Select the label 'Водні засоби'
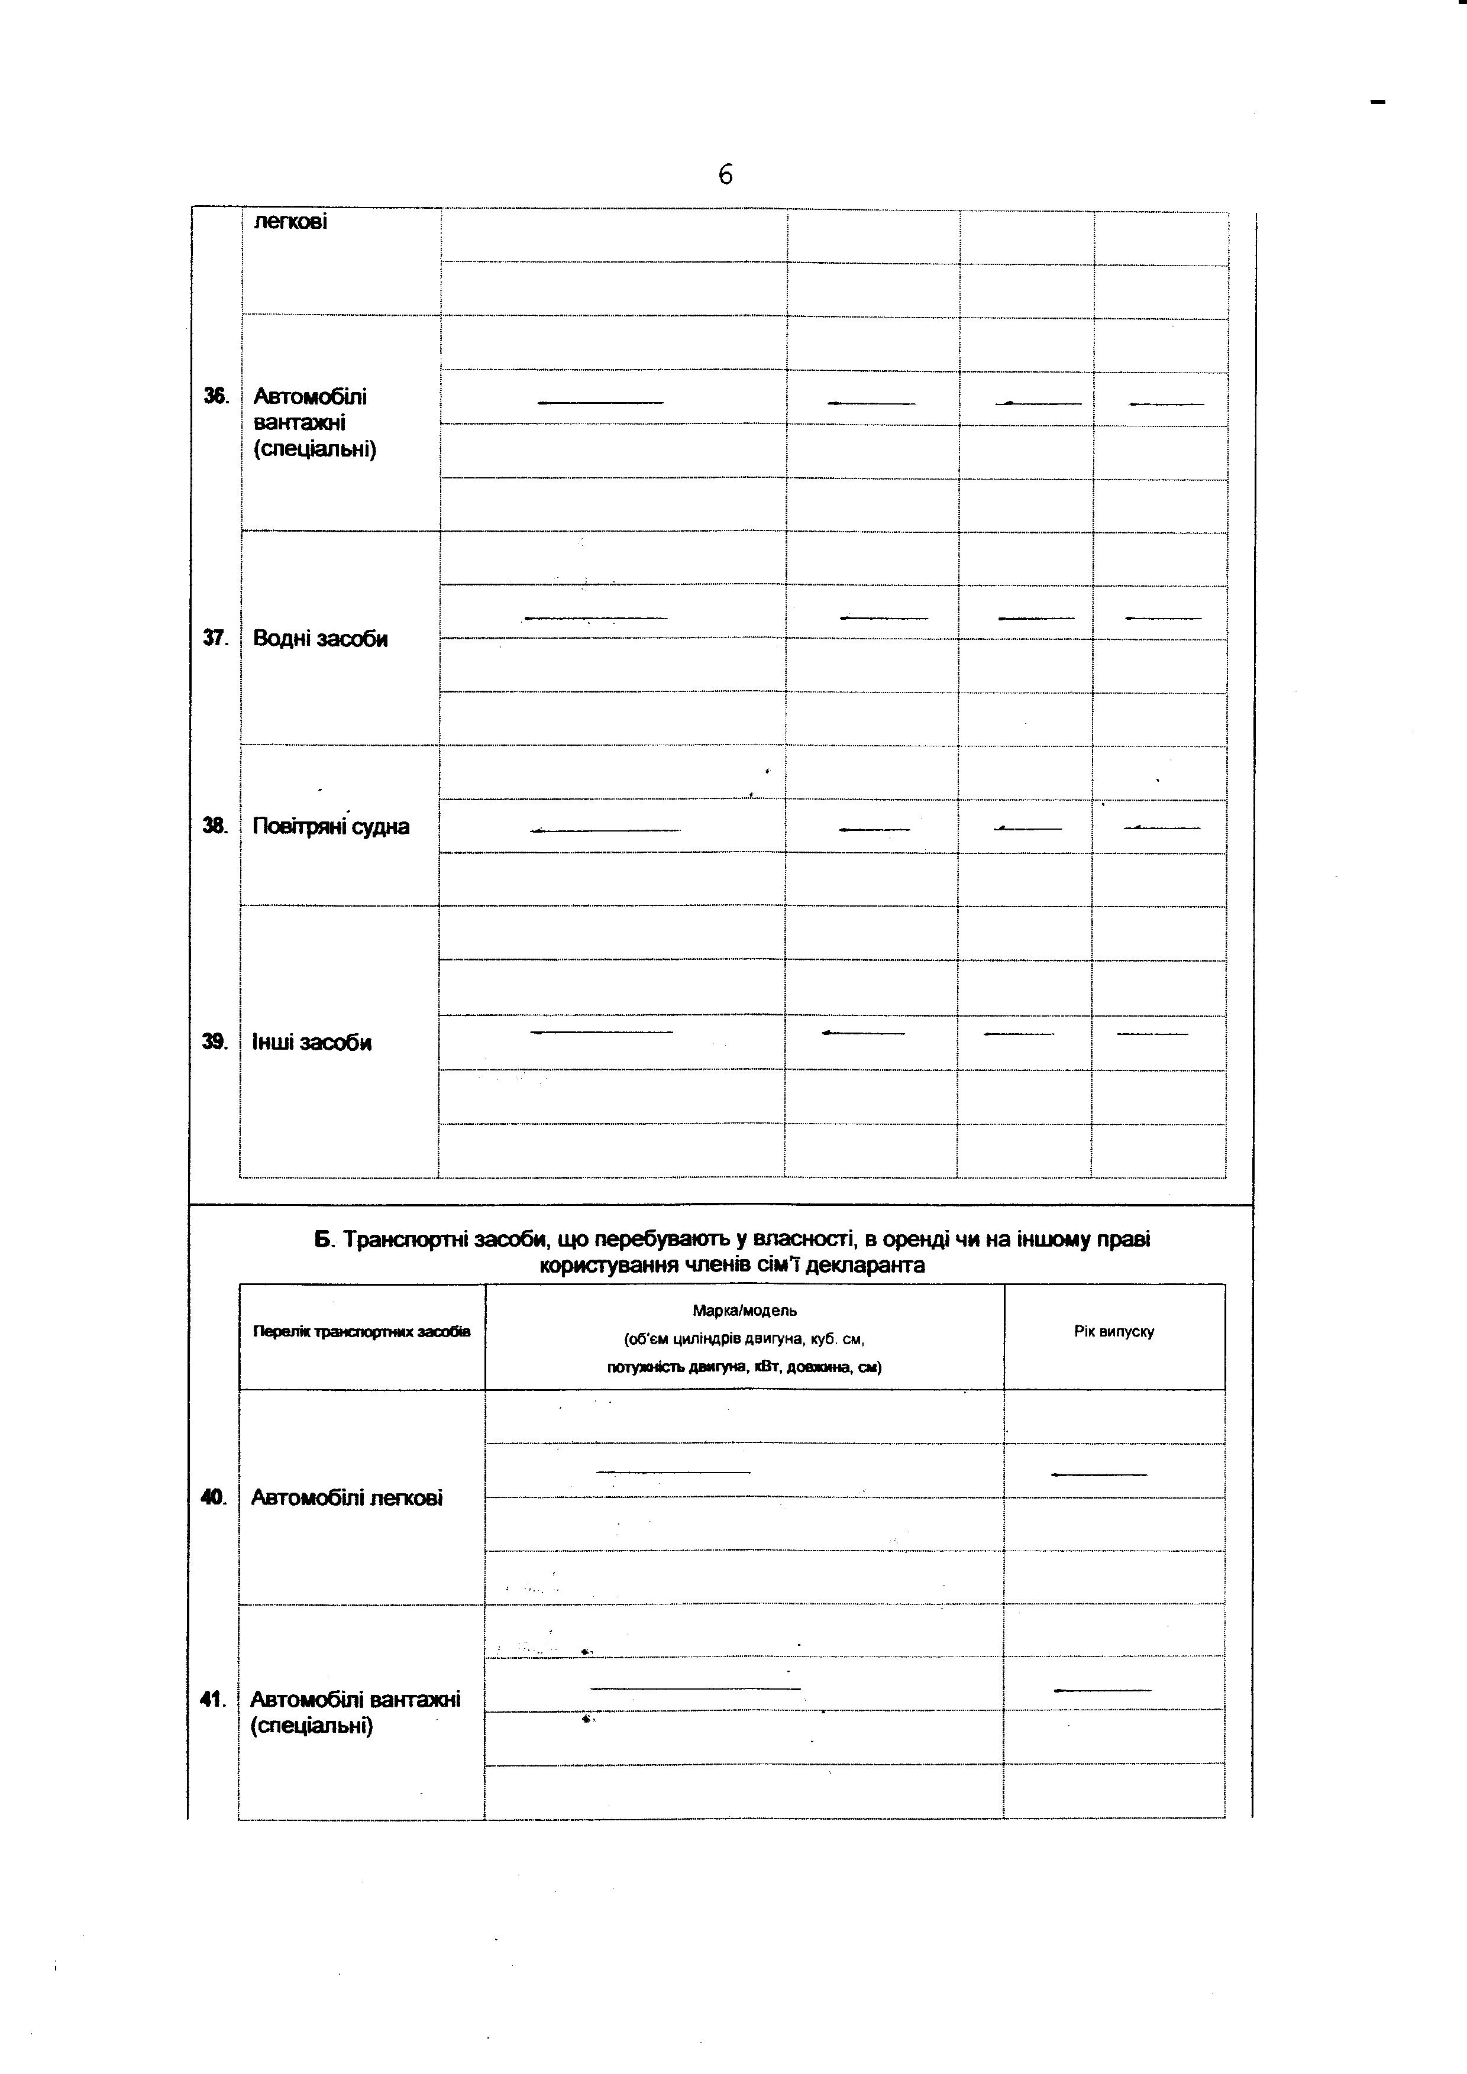tap(320, 639)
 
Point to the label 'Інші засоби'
tap(312, 1043)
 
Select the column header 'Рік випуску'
tap(1114, 1331)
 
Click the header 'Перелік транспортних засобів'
tap(361, 1331)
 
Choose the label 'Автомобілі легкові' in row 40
tap(346, 1497)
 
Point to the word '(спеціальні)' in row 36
tap(314, 449)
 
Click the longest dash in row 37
tap(595, 618)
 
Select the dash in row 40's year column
tap(1098, 1475)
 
